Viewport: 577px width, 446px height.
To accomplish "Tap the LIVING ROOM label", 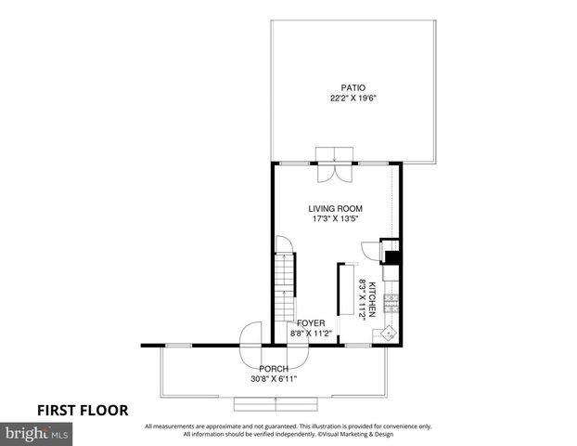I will [335, 209].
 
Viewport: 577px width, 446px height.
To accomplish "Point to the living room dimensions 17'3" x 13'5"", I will [335, 220].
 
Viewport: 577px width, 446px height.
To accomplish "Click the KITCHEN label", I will [372, 298].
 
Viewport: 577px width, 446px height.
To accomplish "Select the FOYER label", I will [311, 322].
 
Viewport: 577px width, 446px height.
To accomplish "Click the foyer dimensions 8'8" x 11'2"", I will [311, 333].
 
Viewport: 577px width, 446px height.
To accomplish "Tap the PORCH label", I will [274, 369].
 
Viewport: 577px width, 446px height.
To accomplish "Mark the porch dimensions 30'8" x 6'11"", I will [274, 379].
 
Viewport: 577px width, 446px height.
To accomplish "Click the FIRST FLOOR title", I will [83, 410].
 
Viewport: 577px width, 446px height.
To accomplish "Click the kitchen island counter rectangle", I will [340, 292].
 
